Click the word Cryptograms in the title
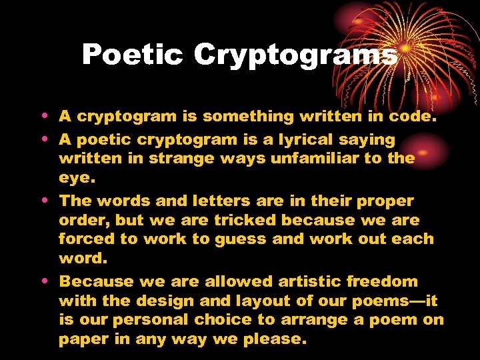click(295, 55)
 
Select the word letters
click(199, 201)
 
